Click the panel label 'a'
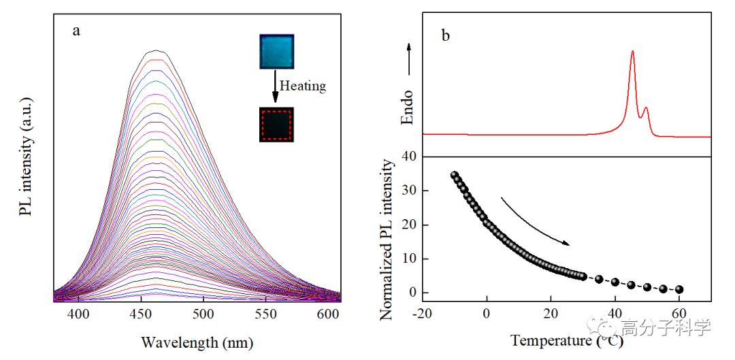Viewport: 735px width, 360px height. pos(76,31)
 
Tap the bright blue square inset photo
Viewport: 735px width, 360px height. pos(276,52)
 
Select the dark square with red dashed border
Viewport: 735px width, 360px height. pos(276,125)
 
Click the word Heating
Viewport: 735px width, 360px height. pos(303,86)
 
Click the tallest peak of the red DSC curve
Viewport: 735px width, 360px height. pos(633,52)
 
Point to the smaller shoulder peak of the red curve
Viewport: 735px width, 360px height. pos(646,108)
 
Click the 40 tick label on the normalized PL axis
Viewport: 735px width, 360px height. pos(408,157)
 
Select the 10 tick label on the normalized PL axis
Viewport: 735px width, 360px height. pos(408,259)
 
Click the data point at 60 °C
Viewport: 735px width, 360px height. pos(679,289)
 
